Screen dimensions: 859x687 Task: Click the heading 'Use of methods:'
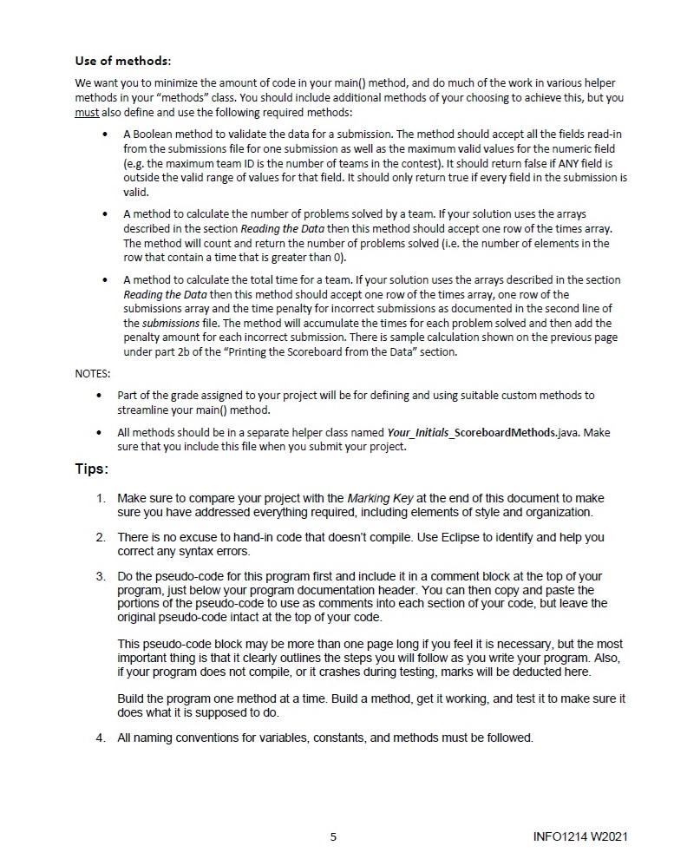click(122, 61)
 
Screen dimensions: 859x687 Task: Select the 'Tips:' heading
click(91, 469)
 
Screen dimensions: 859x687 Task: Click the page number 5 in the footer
click(333, 836)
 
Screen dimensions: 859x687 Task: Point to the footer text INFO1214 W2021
click(580, 836)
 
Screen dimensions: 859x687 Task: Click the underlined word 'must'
click(87, 113)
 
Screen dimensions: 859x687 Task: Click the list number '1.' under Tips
click(101, 498)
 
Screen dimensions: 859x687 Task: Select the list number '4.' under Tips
click(101, 738)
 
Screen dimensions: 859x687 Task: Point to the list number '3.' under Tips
click(101, 576)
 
